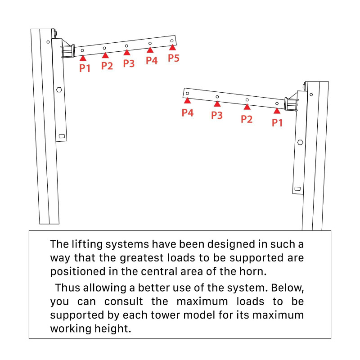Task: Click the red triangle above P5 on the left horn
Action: [172, 47]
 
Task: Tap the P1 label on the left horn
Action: [85, 68]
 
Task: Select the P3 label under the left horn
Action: [129, 63]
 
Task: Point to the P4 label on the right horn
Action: [188, 112]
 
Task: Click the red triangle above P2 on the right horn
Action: [247, 107]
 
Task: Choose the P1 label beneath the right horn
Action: [277, 122]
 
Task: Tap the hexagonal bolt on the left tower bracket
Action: [59, 90]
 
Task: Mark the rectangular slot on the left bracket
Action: [62, 136]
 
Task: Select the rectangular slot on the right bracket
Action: [297, 188]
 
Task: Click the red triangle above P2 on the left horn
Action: [105, 55]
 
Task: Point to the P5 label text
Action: [174, 58]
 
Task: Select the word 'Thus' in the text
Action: [68, 288]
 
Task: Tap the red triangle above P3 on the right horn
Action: [217, 104]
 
